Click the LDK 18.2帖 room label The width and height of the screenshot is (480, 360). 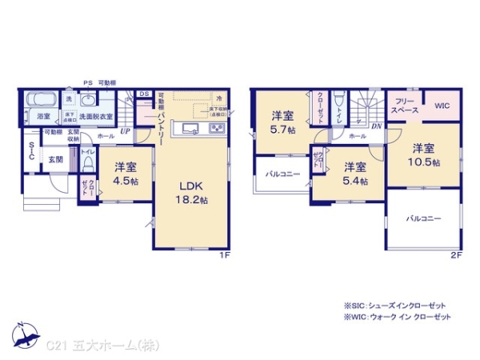click(x=192, y=192)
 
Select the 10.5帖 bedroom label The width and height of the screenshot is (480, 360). click(x=424, y=154)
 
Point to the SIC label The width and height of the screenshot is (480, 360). click(x=30, y=151)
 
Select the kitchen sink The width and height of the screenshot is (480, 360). click(x=189, y=129)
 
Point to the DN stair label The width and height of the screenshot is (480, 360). click(x=376, y=125)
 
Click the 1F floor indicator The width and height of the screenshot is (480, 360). click(x=226, y=255)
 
